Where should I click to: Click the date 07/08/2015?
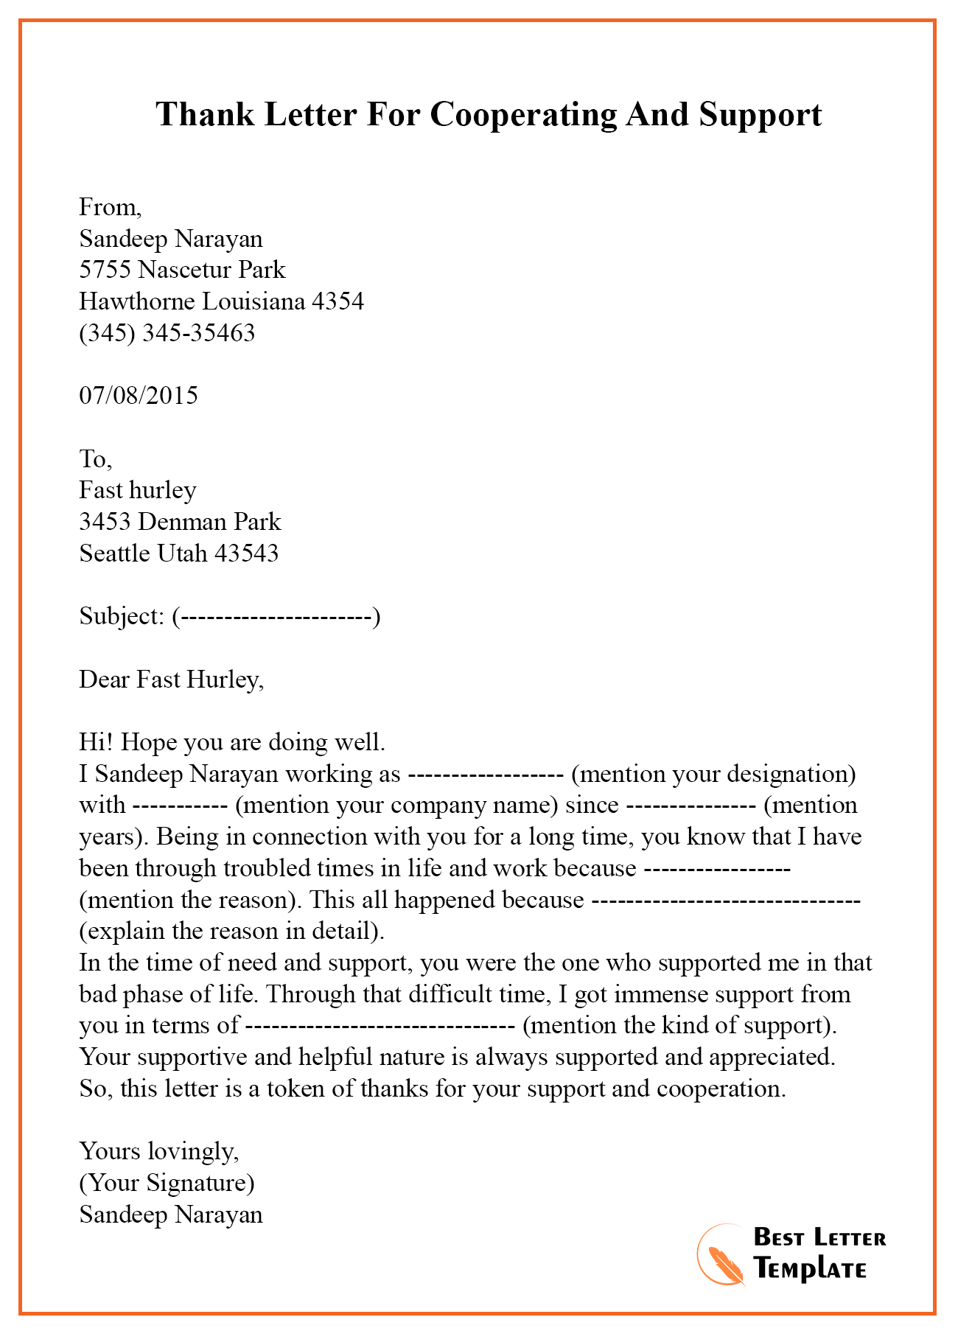[139, 396]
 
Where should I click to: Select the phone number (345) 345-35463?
[167, 333]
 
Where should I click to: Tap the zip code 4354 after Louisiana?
[338, 301]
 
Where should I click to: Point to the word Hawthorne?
[138, 301]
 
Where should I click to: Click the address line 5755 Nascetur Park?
[182, 270]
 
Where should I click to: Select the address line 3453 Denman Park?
[180, 522]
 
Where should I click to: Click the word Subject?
[119, 616]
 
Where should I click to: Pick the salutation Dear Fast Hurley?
[171, 680]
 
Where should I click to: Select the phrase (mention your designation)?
[713, 774]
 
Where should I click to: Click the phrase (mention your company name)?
[396, 805]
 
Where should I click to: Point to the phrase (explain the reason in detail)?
[231, 932]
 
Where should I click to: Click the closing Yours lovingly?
[159, 1151]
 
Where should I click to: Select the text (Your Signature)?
[167, 1183]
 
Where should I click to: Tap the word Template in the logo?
[811, 1269]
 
